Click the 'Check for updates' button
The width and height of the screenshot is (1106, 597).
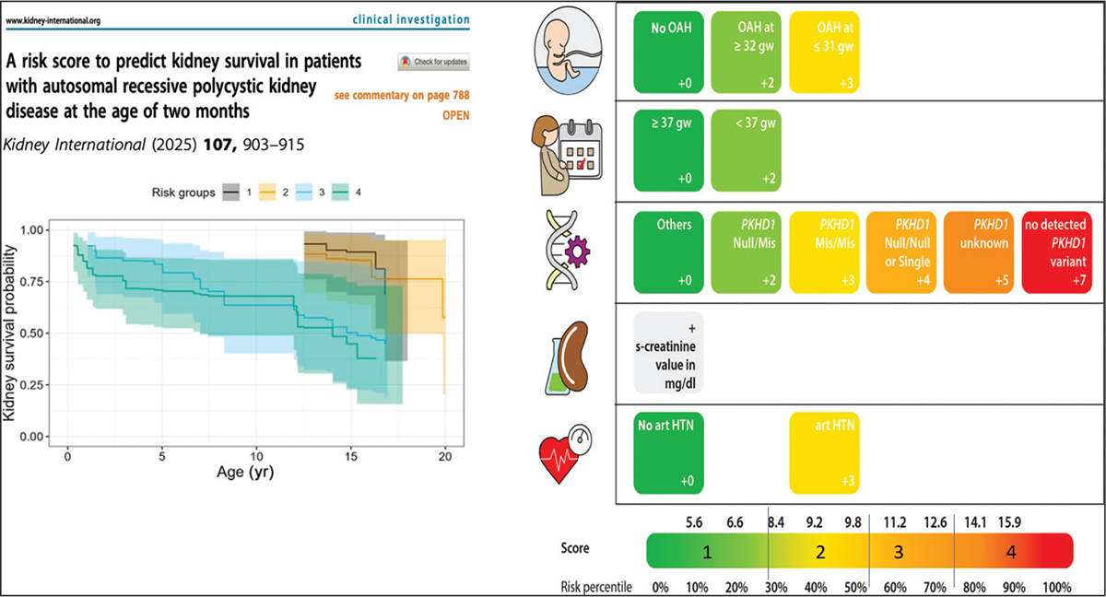click(433, 62)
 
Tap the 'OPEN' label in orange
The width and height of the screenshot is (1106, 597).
click(455, 115)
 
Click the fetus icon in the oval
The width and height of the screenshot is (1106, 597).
click(569, 52)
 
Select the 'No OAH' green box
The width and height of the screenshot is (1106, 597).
click(668, 53)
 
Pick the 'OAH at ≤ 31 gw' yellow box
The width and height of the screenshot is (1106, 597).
click(824, 53)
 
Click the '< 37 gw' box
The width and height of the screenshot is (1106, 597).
click(746, 150)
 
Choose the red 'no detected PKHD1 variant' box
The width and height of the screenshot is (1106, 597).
click(1056, 252)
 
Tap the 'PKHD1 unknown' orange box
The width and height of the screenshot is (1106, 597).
click(979, 252)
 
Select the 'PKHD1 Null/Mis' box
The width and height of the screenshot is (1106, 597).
click(746, 252)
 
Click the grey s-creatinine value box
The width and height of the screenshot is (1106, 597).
click(668, 353)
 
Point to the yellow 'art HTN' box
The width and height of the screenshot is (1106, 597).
click(824, 453)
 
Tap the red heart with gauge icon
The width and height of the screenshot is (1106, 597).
click(565, 453)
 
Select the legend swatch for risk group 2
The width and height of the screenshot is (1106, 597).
click(267, 193)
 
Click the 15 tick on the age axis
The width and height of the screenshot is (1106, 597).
click(350, 456)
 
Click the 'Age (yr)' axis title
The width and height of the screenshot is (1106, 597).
click(245, 473)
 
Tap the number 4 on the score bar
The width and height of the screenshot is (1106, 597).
click(1011, 552)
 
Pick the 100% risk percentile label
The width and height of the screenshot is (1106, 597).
click(1056, 588)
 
